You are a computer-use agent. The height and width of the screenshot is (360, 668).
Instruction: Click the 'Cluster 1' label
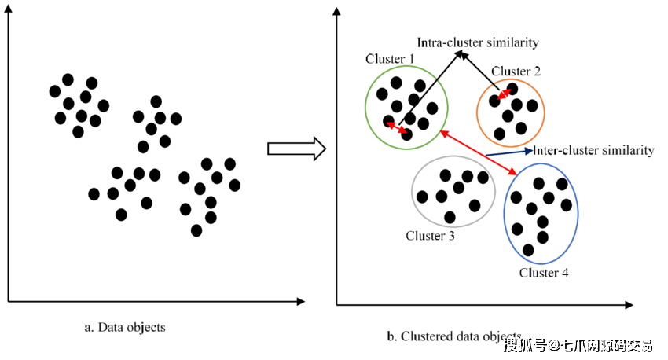391,59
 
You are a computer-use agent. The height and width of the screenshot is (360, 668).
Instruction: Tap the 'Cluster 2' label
516,72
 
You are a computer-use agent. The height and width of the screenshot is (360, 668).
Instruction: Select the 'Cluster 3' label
431,235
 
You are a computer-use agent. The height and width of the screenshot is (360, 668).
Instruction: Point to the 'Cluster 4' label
544,273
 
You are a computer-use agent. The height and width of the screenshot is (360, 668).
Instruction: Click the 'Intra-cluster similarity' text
477,42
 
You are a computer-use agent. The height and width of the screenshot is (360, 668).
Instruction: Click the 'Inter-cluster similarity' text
593,150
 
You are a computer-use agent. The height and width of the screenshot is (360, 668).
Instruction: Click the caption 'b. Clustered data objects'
454,336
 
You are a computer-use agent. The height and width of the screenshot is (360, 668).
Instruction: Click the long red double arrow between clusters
478,152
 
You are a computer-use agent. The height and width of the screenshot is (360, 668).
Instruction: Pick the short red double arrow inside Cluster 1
398,127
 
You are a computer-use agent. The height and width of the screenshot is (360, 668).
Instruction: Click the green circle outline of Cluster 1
366,106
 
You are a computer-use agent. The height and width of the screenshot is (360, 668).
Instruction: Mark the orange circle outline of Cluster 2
543,110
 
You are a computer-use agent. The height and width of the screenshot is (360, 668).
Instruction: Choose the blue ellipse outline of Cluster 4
578,212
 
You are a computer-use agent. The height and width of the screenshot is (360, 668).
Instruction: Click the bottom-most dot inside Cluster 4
528,250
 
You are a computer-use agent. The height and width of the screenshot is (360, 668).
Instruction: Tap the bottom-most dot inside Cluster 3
450,217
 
